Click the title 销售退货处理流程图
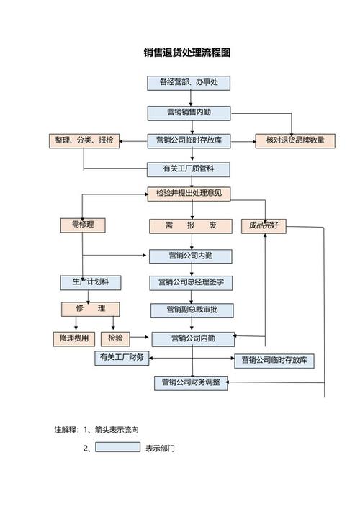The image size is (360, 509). tap(186, 53)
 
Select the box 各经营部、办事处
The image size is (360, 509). tap(189, 83)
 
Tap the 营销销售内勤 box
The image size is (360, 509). tap(189, 112)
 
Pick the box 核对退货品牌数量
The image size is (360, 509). tap(295, 140)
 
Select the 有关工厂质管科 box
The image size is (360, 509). tap(189, 169)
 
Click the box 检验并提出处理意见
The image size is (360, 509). tap(189, 194)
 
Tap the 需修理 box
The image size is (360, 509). tap(83, 225)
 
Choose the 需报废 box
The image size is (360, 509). tap(190, 226)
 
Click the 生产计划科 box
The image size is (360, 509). tap(90, 282)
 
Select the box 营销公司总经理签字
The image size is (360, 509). tap(191, 283)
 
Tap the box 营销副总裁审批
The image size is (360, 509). tap(191, 310)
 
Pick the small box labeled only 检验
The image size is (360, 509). tap(115, 338)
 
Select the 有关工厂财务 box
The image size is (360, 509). tap(122, 358)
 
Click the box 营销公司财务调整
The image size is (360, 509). tap(191, 383)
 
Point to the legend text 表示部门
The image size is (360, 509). tap(160, 448)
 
